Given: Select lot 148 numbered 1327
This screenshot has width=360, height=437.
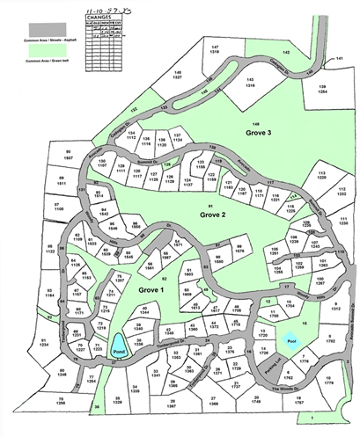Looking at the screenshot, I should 176,75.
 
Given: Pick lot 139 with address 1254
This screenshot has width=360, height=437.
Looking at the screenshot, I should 320,88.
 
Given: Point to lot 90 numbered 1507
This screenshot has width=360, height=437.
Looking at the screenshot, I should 68,154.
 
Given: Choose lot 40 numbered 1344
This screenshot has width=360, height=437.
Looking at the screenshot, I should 143,309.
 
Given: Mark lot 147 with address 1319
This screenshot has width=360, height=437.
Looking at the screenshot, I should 212,50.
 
